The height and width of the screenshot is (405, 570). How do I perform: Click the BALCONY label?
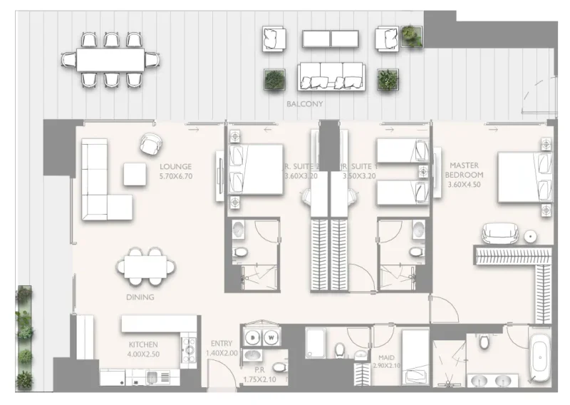pyautogui.click(x=304, y=104)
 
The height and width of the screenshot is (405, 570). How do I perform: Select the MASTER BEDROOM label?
pyautogui.click(x=464, y=169)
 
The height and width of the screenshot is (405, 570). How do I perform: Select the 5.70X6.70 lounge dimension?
pyautogui.click(x=176, y=175)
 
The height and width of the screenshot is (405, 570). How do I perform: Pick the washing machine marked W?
pyautogui.click(x=271, y=337)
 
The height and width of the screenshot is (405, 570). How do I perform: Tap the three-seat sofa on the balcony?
pyautogui.click(x=331, y=75)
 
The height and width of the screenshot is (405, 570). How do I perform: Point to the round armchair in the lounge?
pyautogui.click(x=152, y=143)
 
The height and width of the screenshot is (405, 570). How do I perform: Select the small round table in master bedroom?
pyautogui.click(x=530, y=235)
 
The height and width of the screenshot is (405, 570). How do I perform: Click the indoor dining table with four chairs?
pyautogui.click(x=146, y=267)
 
